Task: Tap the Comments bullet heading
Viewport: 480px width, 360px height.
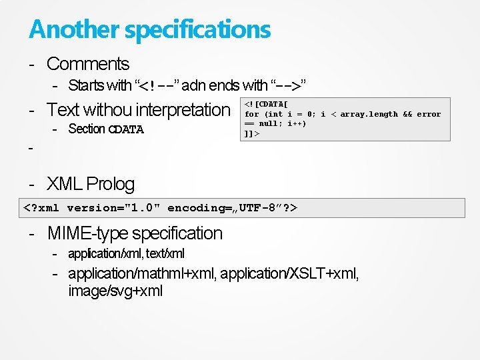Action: (x=88, y=64)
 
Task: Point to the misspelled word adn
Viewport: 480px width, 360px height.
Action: (x=193, y=85)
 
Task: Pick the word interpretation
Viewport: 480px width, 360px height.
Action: (x=183, y=109)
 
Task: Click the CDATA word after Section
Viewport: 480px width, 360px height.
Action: (x=126, y=129)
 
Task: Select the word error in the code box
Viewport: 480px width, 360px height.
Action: (x=429, y=114)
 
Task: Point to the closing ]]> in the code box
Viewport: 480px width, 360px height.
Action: (x=252, y=133)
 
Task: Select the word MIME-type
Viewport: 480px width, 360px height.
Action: (x=88, y=233)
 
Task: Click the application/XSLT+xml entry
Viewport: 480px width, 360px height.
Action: (x=289, y=274)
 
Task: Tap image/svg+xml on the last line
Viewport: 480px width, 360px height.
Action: (x=115, y=291)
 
